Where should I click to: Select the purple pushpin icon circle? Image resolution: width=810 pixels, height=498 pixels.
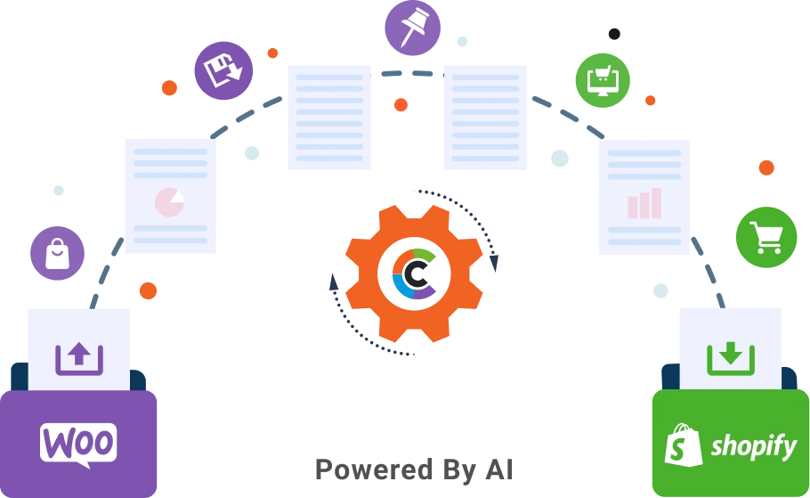(412, 28)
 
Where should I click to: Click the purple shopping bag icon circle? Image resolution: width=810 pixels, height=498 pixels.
(57, 254)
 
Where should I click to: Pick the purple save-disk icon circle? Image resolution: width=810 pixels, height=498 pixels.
(223, 70)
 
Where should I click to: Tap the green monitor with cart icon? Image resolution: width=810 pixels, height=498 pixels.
(603, 80)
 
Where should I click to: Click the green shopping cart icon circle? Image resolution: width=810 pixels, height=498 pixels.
(765, 238)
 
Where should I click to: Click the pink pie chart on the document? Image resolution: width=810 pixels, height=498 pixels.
(169, 202)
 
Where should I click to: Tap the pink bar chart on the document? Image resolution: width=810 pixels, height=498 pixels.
(644, 203)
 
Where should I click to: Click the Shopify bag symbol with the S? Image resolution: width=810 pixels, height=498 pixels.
(684, 444)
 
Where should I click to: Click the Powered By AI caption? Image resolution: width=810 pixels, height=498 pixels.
(413, 469)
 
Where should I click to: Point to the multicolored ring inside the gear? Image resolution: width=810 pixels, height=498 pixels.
(414, 273)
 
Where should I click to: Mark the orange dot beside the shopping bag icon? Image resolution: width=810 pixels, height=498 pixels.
(148, 290)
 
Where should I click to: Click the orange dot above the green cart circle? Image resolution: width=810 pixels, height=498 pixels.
(765, 167)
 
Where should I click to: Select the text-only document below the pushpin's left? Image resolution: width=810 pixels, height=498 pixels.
(330, 117)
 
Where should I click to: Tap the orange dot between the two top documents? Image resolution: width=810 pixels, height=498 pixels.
(401, 105)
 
